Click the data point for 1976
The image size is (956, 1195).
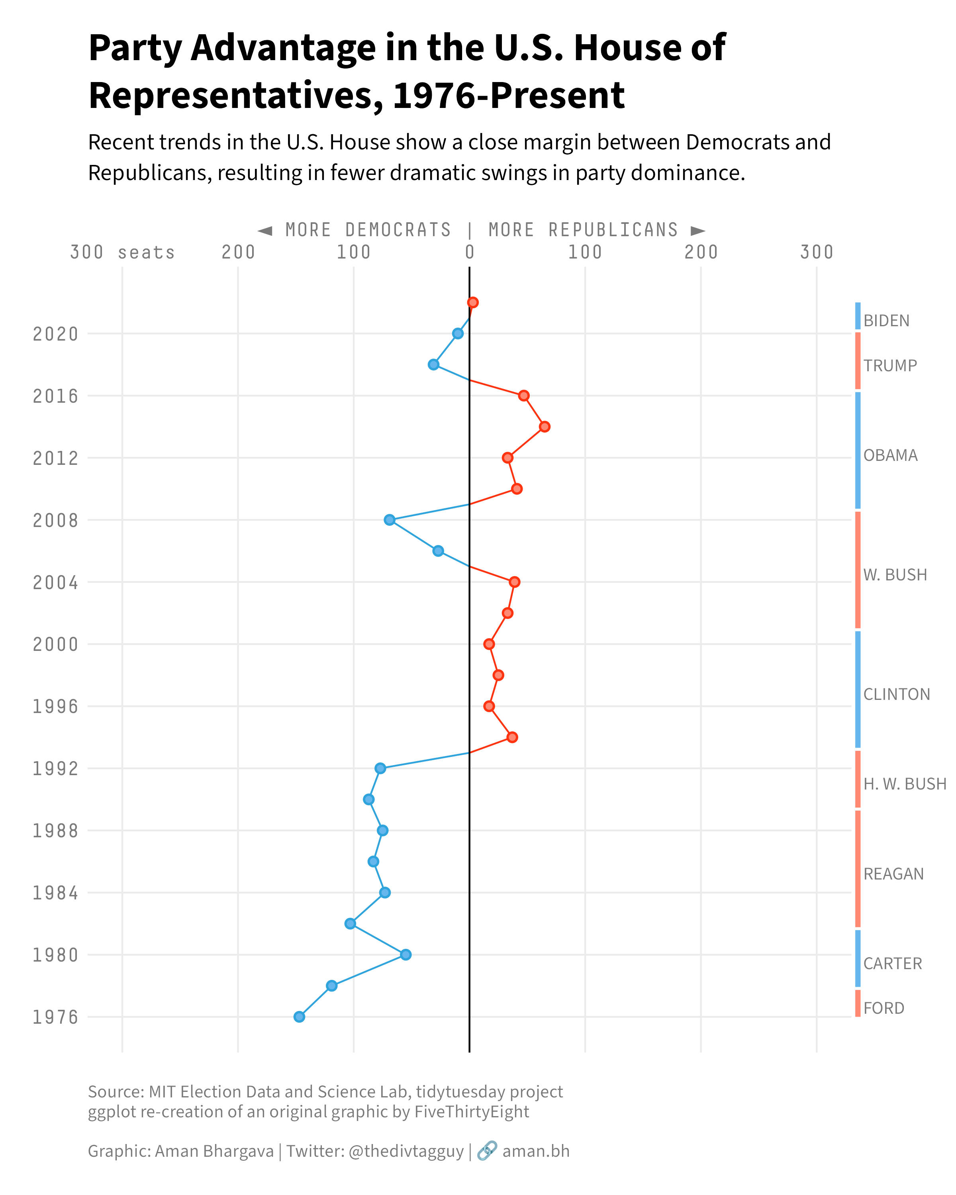(299, 1017)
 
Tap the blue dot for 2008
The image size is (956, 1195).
(390, 519)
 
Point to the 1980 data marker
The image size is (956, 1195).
(406, 954)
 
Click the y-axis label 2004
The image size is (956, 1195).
(55, 582)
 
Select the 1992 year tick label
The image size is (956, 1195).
(55, 769)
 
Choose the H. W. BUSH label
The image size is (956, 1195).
(905, 784)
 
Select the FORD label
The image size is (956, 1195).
(884, 1008)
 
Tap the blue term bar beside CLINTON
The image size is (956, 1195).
(858, 690)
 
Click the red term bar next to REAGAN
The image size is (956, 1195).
(858, 868)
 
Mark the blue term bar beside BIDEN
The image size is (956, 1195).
(858, 316)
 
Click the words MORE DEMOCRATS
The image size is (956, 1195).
(368, 229)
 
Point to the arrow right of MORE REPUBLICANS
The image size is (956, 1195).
(698, 230)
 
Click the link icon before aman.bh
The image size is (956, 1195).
(487, 1151)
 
